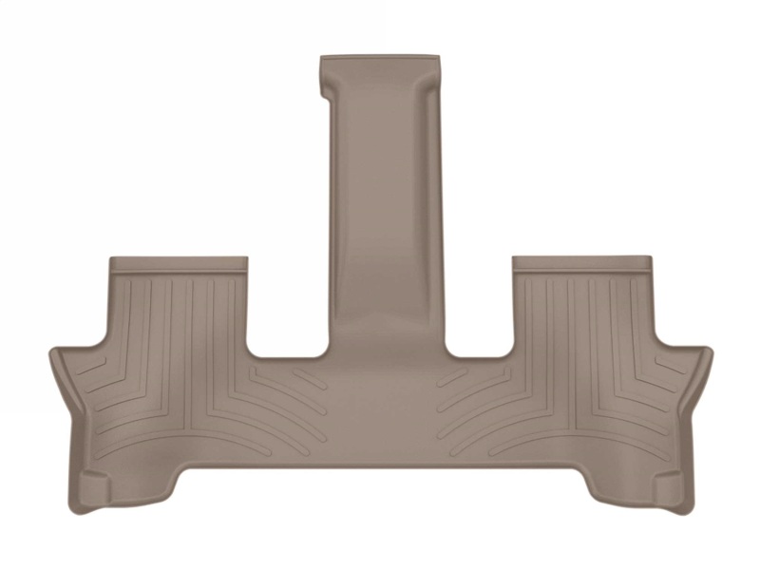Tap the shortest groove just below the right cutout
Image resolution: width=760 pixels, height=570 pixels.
pos(451,379)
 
